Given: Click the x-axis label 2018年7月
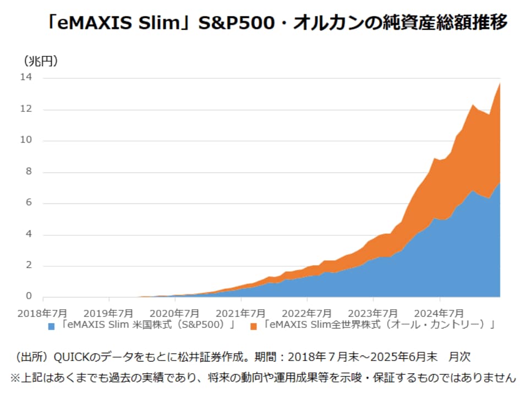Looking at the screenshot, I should click(42, 313).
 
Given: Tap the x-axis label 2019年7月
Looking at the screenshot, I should click(110, 313).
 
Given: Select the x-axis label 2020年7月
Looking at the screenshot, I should click(176, 313).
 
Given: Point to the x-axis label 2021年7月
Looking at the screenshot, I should click(241, 313).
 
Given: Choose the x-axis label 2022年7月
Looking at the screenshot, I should click(307, 313).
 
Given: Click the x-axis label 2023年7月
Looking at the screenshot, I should click(373, 313).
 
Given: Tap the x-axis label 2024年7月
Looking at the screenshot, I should click(440, 313).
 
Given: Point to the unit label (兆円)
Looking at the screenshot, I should click(41, 61).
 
